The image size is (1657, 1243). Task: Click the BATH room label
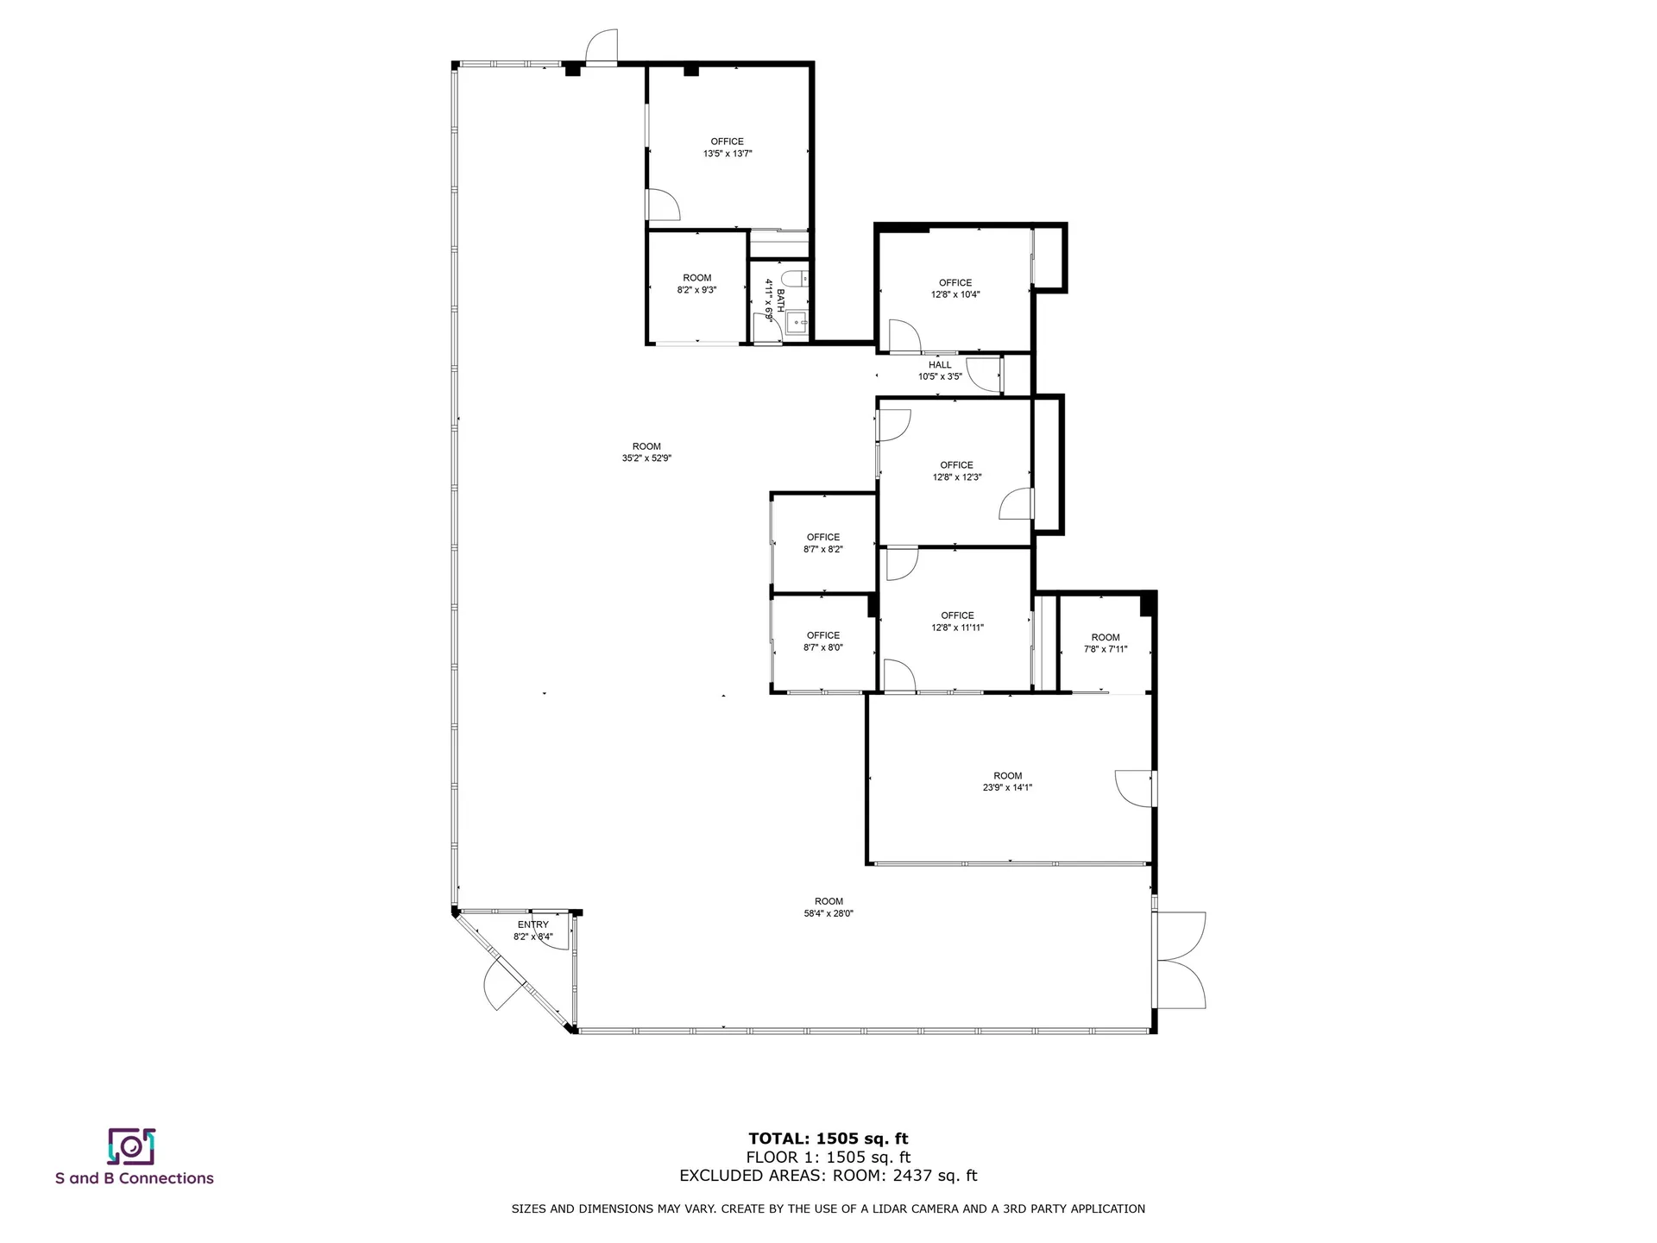click(x=780, y=299)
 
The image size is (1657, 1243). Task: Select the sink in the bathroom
click(x=797, y=325)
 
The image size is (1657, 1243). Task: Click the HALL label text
click(x=940, y=365)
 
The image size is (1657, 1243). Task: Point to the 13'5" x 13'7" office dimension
click(x=728, y=154)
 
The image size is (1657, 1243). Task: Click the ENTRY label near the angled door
click(x=532, y=924)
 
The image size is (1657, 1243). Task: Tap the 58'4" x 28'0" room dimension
click(x=828, y=913)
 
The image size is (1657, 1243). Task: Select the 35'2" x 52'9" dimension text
click(x=646, y=458)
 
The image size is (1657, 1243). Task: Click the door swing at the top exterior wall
click(x=602, y=47)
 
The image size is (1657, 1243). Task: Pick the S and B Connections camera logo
click(x=131, y=1145)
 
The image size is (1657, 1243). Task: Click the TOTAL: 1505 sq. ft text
click(x=828, y=1139)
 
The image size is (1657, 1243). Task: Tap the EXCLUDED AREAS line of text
click(x=828, y=1176)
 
